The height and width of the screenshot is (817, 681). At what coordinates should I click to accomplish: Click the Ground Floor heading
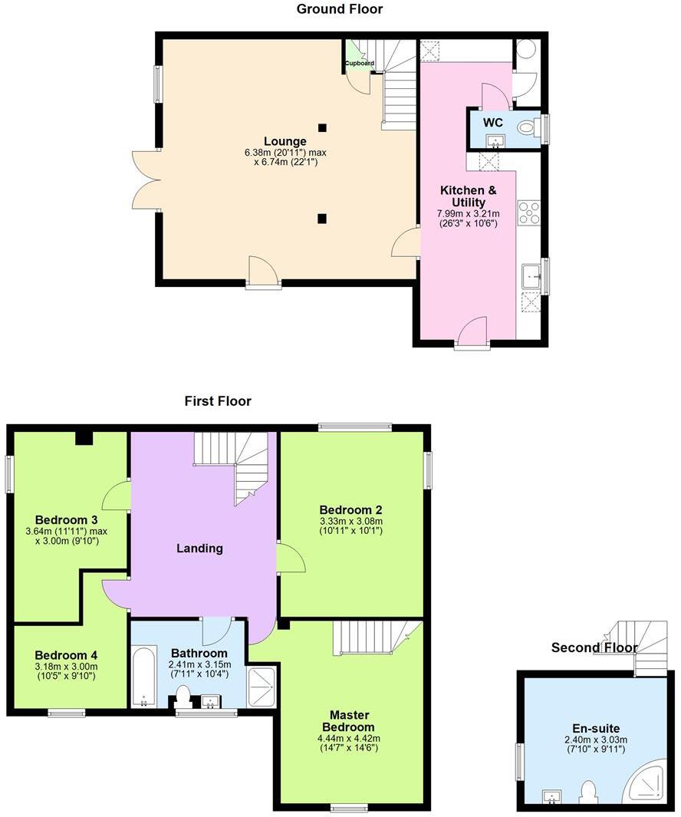(340, 9)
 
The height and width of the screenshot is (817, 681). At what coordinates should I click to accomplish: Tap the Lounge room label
(285, 141)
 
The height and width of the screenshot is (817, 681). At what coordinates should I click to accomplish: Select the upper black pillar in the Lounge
(322, 127)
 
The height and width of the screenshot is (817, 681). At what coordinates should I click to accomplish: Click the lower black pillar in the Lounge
(322, 219)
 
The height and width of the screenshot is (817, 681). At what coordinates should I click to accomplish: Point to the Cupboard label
(359, 63)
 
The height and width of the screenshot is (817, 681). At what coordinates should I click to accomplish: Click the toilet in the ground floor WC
(528, 128)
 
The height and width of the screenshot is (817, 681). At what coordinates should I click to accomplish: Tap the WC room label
(492, 122)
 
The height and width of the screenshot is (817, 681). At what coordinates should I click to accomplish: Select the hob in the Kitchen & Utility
(529, 212)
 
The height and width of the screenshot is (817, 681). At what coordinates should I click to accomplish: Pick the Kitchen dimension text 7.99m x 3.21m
(468, 213)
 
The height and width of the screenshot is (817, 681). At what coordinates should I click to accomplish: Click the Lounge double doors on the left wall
(146, 180)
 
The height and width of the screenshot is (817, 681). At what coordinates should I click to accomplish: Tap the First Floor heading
(218, 400)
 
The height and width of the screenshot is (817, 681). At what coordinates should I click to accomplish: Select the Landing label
(199, 548)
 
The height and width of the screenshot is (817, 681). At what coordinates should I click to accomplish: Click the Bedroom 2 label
(350, 510)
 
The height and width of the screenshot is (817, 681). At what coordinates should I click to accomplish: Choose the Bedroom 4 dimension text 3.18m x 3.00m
(66, 667)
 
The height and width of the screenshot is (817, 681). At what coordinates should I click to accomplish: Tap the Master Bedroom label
(347, 721)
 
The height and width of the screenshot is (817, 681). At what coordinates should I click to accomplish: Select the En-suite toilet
(589, 790)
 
